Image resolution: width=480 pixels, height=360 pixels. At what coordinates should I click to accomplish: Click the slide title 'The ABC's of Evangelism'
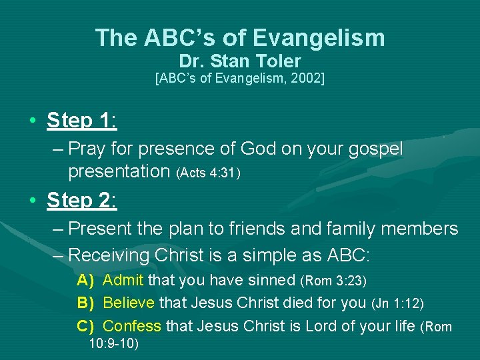click(240, 38)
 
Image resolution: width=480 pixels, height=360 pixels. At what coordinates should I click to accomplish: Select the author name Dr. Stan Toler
click(240, 62)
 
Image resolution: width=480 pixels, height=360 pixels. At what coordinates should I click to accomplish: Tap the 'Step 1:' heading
click(82, 121)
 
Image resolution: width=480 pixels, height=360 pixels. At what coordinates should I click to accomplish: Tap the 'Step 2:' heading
click(82, 200)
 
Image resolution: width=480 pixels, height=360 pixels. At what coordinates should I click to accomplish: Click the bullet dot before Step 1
click(32, 121)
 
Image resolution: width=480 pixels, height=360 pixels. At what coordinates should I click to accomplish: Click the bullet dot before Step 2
click(32, 201)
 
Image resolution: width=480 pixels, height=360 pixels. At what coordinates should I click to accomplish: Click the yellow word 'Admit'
click(123, 280)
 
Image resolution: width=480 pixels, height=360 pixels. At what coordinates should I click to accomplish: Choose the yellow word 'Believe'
click(129, 303)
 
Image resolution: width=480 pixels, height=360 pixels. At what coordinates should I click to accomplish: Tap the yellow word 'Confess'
click(132, 327)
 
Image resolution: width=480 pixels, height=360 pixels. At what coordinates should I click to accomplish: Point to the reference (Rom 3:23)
click(333, 281)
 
